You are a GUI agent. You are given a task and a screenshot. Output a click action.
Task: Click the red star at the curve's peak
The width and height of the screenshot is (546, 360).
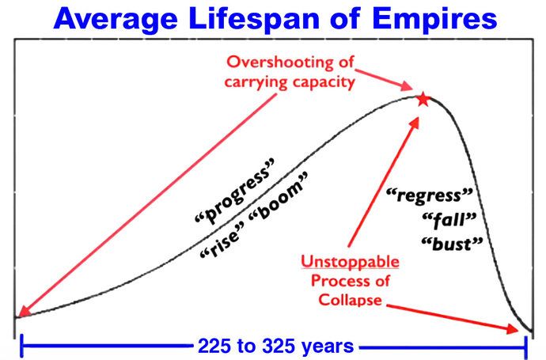(423, 99)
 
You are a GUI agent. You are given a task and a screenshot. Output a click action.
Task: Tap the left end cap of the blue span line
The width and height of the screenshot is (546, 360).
(21, 346)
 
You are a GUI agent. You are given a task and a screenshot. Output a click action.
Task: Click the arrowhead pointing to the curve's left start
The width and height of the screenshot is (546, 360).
(21, 313)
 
